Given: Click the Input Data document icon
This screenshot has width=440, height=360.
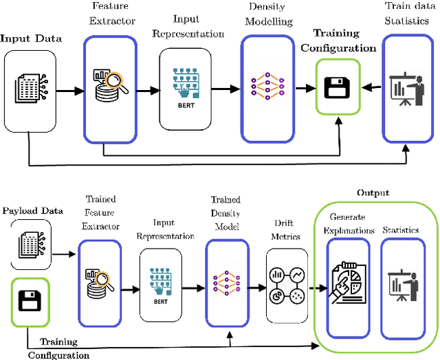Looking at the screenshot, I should [x=28, y=88].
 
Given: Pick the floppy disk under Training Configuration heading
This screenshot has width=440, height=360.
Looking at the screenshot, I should [x=337, y=87].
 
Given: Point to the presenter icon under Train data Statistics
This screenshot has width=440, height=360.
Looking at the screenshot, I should [x=405, y=87].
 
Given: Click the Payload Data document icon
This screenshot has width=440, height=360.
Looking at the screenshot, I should [x=28, y=247].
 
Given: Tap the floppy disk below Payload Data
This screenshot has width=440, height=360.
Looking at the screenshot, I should [x=30, y=300].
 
